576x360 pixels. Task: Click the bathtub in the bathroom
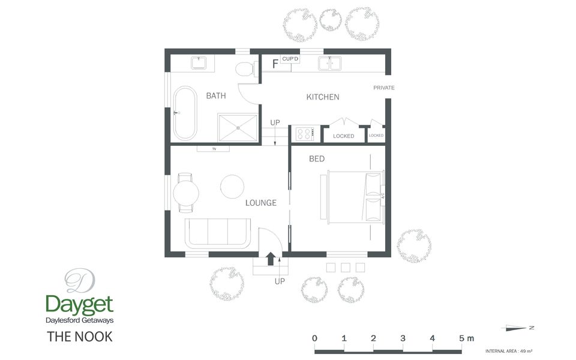[184, 113]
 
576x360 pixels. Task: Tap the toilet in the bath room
[244, 68]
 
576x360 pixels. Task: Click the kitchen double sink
[329, 62]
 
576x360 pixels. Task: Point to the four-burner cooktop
[304, 134]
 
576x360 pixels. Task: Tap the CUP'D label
[290, 59]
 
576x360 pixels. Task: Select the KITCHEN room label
[323, 97]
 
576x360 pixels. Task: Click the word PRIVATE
[384, 88]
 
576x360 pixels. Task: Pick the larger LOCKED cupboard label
[344, 136]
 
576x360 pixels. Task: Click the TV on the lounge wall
[214, 149]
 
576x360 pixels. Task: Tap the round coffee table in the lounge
[232, 186]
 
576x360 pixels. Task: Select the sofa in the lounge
[218, 234]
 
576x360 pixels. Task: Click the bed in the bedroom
[354, 197]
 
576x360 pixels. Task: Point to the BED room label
[317, 159]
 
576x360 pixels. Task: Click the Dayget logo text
[79, 304]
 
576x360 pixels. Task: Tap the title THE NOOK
[79, 337]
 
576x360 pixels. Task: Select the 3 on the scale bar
[403, 338]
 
